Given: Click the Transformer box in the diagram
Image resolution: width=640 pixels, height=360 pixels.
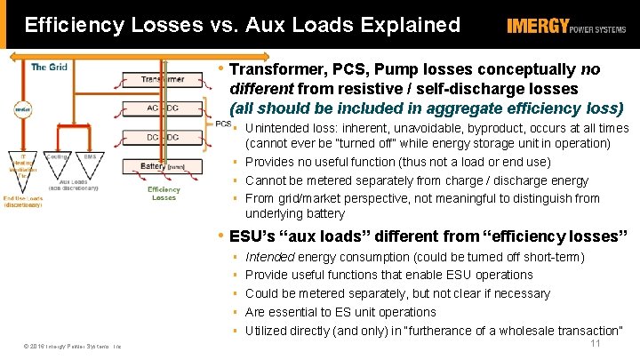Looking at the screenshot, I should click(x=163, y=79).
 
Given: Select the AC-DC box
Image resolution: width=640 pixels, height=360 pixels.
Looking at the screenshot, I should click(x=163, y=108).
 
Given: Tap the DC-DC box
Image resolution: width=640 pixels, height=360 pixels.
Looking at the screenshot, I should click(x=163, y=137).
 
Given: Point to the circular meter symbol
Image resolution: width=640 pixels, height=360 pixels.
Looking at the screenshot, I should click(x=20, y=110).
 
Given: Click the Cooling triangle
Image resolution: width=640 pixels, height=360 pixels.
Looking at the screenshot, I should click(x=58, y=160).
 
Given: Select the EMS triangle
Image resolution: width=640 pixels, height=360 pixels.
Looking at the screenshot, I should click(x=89, y=160).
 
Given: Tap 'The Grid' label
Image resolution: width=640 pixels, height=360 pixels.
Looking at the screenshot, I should click(x=50, y=67).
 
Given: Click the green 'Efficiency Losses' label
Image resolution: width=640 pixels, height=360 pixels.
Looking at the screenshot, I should click(x=164, y=193).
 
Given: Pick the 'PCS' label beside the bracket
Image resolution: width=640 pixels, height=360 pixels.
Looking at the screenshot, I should click(x=223, y=124).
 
